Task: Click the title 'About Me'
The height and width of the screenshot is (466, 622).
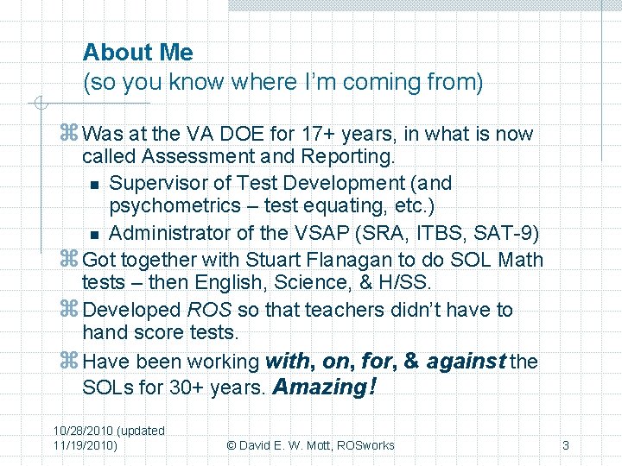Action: (x=138, y=53)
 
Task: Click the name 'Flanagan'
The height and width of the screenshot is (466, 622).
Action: (x=331, y=260)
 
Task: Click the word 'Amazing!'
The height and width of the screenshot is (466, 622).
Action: (x=324, y=387)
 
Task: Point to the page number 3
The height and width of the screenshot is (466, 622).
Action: (x=565, y=445)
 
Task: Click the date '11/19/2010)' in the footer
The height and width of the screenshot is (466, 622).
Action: (x=86, y=445)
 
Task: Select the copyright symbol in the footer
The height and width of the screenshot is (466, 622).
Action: (x=232, y=445)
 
